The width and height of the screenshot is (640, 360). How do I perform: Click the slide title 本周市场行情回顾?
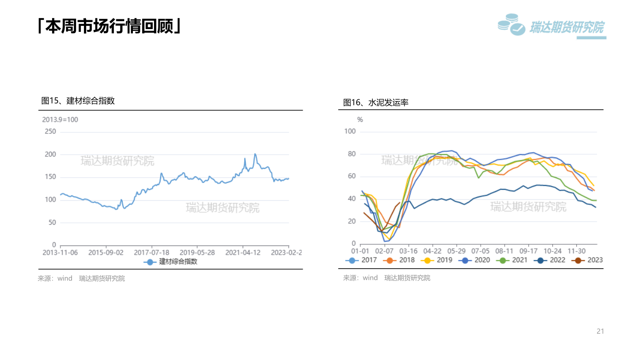tap(109, 26)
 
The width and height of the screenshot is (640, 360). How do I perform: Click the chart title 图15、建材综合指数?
tap(78, 101)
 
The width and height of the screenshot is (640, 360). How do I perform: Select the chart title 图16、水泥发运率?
tap(376, 102)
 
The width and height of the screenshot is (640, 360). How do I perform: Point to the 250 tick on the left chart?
tap(50, 132)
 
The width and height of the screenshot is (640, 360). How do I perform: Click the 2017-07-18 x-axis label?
tap(151, 252)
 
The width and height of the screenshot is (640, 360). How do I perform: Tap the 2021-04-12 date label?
tap(243, 252)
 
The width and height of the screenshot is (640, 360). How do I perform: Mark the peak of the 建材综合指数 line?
tap(255, 154)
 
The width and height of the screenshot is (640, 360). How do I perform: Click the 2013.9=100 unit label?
tap(60, 120)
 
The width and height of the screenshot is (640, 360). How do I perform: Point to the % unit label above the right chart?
tap(360, 120)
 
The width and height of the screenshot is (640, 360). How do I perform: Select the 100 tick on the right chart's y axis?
tap(350, 132)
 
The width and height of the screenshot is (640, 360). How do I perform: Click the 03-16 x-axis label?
tap(408, 251)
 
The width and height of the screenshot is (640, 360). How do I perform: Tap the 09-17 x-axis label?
tap(528, 251)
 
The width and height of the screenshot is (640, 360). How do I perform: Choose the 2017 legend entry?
tap(362, 260)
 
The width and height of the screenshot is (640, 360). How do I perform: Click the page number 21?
tap(600, 331)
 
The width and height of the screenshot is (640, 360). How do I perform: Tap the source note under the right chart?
tap(387, 278)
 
